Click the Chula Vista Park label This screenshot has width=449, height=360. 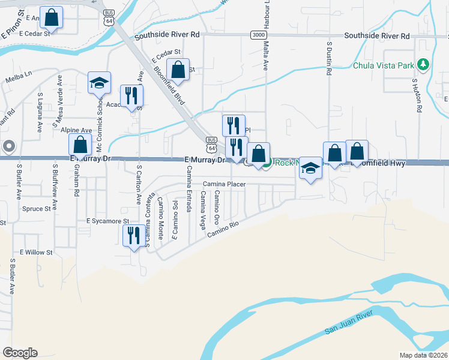click(384, 65)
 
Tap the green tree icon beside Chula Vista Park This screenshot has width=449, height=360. click(423, 64)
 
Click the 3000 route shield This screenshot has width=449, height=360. click(258, 36)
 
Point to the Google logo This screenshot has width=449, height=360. click(20, 352)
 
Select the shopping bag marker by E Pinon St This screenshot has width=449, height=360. click(52, 17)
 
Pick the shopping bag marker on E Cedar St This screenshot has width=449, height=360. click(178, 70)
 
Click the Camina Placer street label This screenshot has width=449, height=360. click(224, 184)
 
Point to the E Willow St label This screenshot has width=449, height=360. click(37, 253)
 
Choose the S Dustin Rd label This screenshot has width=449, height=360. click(329, 58)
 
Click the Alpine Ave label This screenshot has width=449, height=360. click(76, 130)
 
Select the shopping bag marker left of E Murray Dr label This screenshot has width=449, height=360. click(80, 145)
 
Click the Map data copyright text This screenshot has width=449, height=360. click(424, 355)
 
